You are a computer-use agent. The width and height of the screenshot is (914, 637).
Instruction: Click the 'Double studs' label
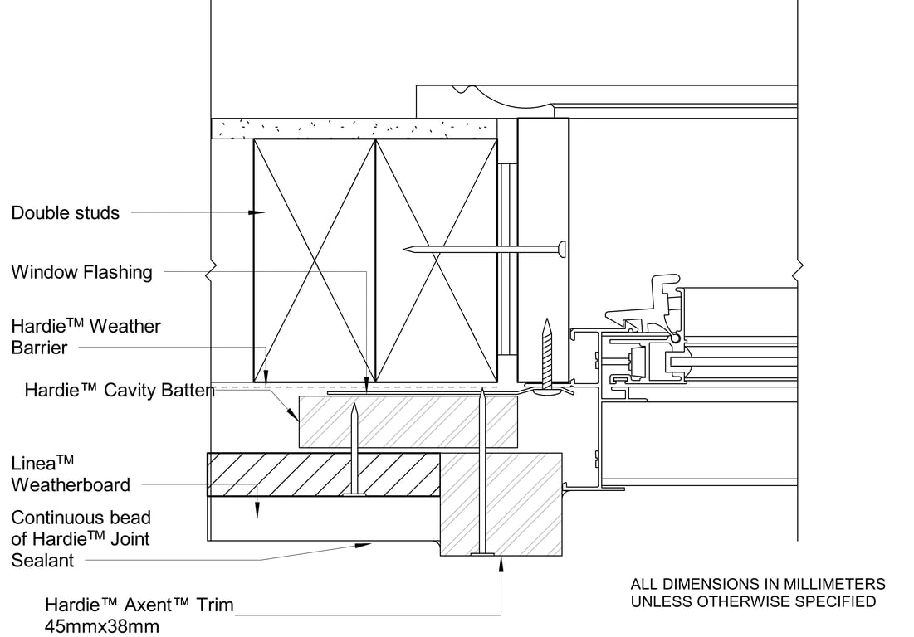[65, 213]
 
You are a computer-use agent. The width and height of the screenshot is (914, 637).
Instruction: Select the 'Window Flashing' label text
[81, 272]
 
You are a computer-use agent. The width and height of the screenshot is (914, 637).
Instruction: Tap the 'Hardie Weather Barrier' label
[86, 336]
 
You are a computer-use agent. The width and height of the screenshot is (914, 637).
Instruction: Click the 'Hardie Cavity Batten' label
[119, 390]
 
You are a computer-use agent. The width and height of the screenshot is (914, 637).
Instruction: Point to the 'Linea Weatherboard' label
[71, 474]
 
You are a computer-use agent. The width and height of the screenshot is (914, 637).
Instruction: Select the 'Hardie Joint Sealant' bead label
[81, 539]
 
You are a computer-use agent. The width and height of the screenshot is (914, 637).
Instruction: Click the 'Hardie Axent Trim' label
[139, 605]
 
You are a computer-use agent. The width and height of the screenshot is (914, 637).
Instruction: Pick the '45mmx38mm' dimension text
[101, 626]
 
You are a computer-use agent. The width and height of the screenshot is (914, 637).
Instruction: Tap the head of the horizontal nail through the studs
[562, 248]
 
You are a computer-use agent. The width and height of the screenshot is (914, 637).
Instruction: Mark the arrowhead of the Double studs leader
[257, 213]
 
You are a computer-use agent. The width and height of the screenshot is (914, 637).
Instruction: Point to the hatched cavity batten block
[407, 421]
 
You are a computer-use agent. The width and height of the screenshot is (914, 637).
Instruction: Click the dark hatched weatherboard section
[323, 474]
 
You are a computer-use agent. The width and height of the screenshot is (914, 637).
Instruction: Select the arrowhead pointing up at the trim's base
[501, 563]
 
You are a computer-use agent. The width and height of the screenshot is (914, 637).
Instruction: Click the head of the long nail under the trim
[480, 553]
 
